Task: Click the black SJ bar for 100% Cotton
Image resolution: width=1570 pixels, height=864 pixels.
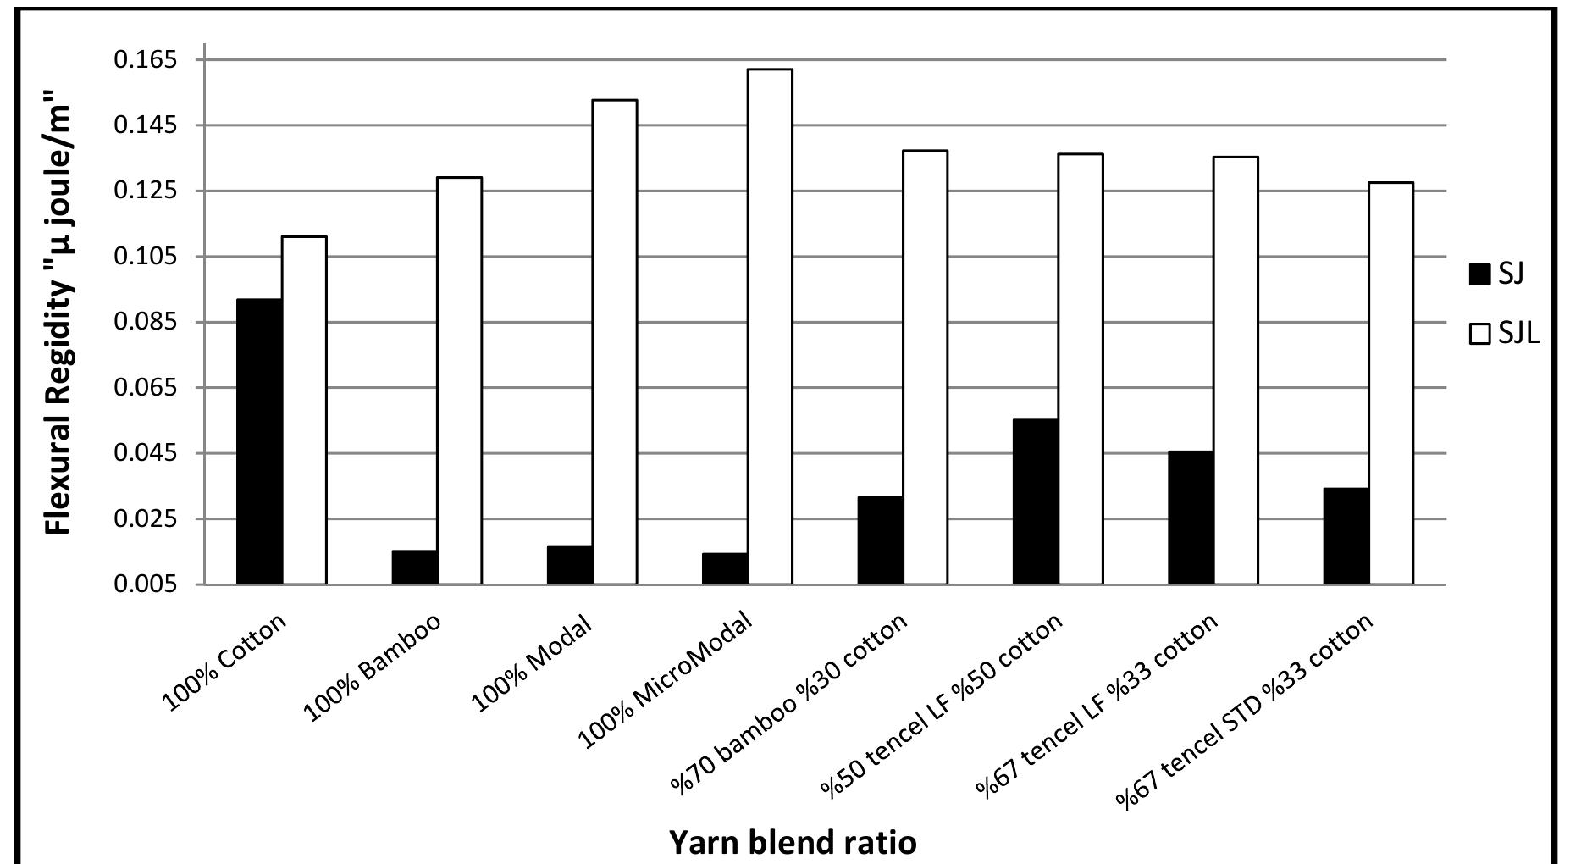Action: point(259,441)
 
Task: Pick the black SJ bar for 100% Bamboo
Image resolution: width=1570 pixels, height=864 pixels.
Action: point(414,567)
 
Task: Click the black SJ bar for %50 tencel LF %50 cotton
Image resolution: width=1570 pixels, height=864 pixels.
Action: point(1035,501)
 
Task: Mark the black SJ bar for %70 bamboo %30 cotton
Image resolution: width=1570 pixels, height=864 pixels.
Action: point(880,540)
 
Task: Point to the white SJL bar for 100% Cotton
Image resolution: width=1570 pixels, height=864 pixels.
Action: point(304,410)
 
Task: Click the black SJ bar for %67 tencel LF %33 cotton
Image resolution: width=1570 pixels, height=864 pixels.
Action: point(1190,517)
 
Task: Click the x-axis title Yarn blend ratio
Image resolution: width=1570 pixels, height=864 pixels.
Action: point(793,843)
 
